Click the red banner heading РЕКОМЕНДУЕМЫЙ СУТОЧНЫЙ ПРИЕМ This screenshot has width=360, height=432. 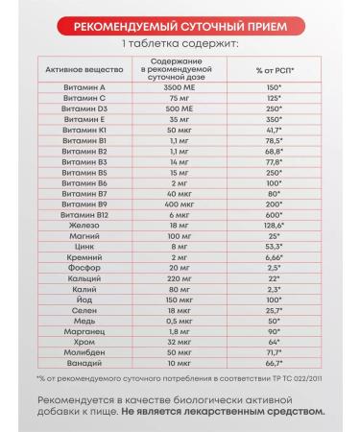180,27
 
